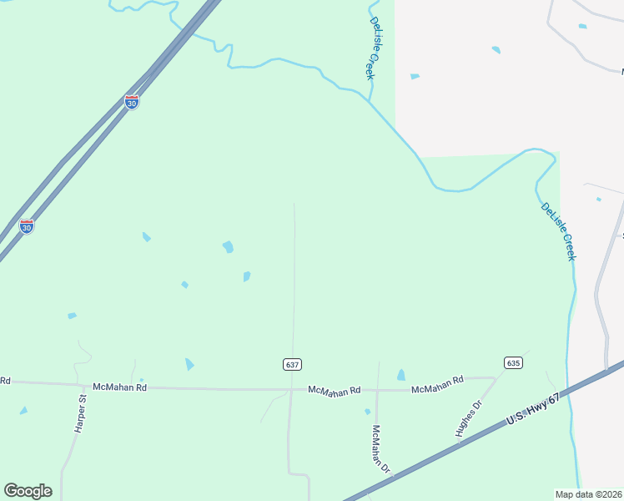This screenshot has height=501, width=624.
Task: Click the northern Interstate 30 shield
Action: (x=132, y=102)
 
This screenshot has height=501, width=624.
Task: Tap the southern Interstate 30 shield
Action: (x=27, y=226)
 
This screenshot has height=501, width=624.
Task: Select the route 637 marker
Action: (x=291, y=365)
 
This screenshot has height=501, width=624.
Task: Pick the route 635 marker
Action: (x=513, y=362)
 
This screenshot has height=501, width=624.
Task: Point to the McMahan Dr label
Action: (x=380, y=449)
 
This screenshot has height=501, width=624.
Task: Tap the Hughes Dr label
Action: (x=469, y=419)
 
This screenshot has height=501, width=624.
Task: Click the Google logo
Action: (x=28, y=491)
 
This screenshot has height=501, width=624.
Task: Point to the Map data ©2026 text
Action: (x=588, y=494)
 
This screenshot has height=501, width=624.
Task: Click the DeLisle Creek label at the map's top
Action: (x=372, y=48)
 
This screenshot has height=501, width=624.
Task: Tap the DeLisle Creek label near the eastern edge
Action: (x=558, y=231)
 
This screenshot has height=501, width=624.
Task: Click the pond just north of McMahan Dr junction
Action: (x=401, y=375)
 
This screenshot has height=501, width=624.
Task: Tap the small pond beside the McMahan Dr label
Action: (x=367, y=412)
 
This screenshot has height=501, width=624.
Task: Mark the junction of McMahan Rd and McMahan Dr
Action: (x=377, y=390)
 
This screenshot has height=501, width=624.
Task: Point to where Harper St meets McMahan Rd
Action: (x=85, y=385)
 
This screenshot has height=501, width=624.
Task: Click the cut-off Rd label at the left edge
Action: (x=4, y=381)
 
